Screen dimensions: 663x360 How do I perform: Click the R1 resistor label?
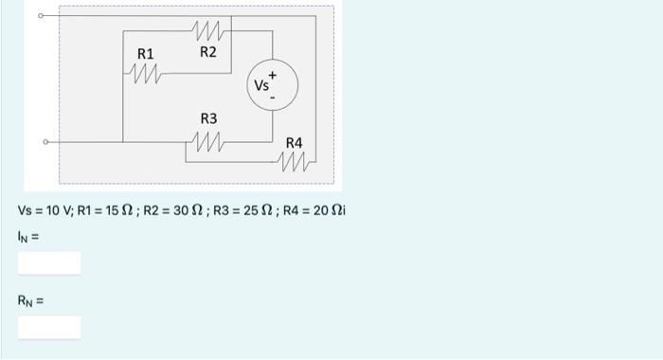pos(146,54)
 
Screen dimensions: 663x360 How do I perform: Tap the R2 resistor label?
pos(208,51)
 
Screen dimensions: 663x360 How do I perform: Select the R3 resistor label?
pos(208,118)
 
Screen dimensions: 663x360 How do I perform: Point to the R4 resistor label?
pos(295,143)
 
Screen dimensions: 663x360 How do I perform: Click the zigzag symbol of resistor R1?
pos(145,70)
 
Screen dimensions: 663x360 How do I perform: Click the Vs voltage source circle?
pos(273,85)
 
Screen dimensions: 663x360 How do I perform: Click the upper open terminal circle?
pos(42,16)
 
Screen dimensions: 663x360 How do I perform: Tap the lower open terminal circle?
pos(45,143)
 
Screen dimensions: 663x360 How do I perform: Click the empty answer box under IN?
pos(48,262)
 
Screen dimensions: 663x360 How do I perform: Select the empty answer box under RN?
pos(48,328)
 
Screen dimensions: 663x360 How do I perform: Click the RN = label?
pos(31,302)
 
